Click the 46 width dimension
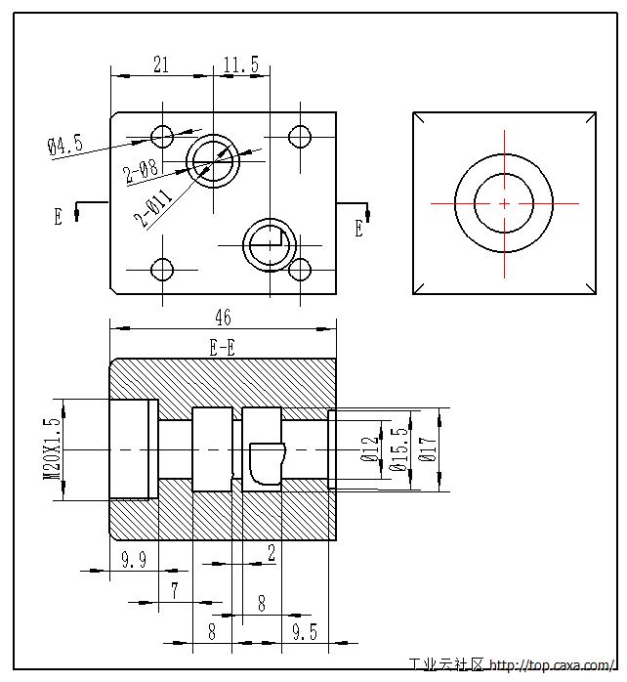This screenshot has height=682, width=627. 223,317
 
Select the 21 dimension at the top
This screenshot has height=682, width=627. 162,64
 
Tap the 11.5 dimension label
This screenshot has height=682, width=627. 241,64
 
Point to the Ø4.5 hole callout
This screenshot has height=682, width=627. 65,145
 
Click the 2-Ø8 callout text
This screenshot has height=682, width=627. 142,173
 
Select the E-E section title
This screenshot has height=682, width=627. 223,346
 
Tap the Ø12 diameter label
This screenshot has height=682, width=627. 369,448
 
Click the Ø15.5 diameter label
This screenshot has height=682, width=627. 397,449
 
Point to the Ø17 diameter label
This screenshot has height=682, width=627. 426,448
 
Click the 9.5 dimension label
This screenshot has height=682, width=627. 305,632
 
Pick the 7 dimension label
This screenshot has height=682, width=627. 175,590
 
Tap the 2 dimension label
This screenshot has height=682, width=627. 271,553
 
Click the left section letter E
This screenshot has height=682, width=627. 58,216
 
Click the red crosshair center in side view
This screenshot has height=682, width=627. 504,203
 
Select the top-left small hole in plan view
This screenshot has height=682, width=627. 162,134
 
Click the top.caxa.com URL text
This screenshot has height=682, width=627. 553,666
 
